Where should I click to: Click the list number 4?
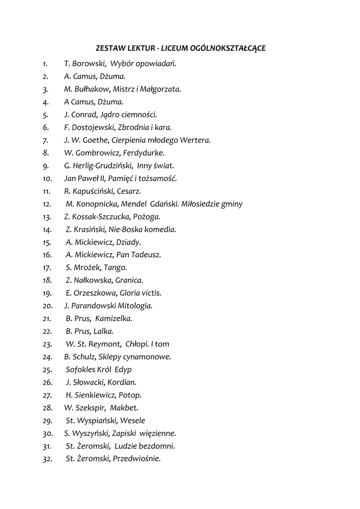[46, 102]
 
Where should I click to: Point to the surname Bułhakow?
[91, 89]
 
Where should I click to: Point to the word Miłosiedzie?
[200, 204]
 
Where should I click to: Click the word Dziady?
[128, 243]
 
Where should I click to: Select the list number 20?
[48, 306]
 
